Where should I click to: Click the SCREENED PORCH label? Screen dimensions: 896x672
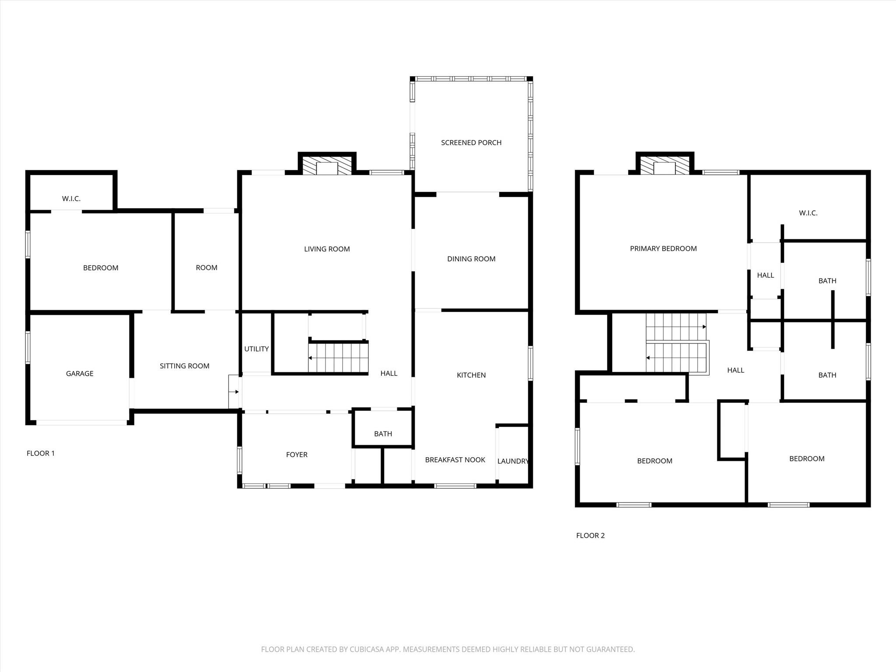coord(471,143)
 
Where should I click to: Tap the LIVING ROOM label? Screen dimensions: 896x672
coord(327,249)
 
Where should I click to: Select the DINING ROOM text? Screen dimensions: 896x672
coord(471,259)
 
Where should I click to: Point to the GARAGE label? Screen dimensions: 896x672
coord(80,374)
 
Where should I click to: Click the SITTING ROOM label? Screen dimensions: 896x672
coord(185,366)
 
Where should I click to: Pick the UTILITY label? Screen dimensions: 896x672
coord(256,349)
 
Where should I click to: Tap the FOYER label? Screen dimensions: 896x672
coord(297,455)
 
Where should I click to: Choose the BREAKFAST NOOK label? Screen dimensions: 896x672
coord(455,460)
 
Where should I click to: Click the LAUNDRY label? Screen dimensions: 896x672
coord(513,461)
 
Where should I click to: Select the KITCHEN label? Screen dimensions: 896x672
coord(471,375)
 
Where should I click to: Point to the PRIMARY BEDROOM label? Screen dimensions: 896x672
coord(663,249)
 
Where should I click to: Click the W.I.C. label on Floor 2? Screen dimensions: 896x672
coord(808,213)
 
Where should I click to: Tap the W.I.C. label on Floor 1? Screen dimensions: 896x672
coord(71,199)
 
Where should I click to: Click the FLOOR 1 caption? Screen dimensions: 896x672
coord(41,453)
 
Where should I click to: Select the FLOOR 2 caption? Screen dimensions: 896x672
coord(590,535)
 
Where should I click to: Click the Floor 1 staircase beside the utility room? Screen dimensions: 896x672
coord(338,358)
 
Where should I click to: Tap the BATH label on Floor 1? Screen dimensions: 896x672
coord(383,434)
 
